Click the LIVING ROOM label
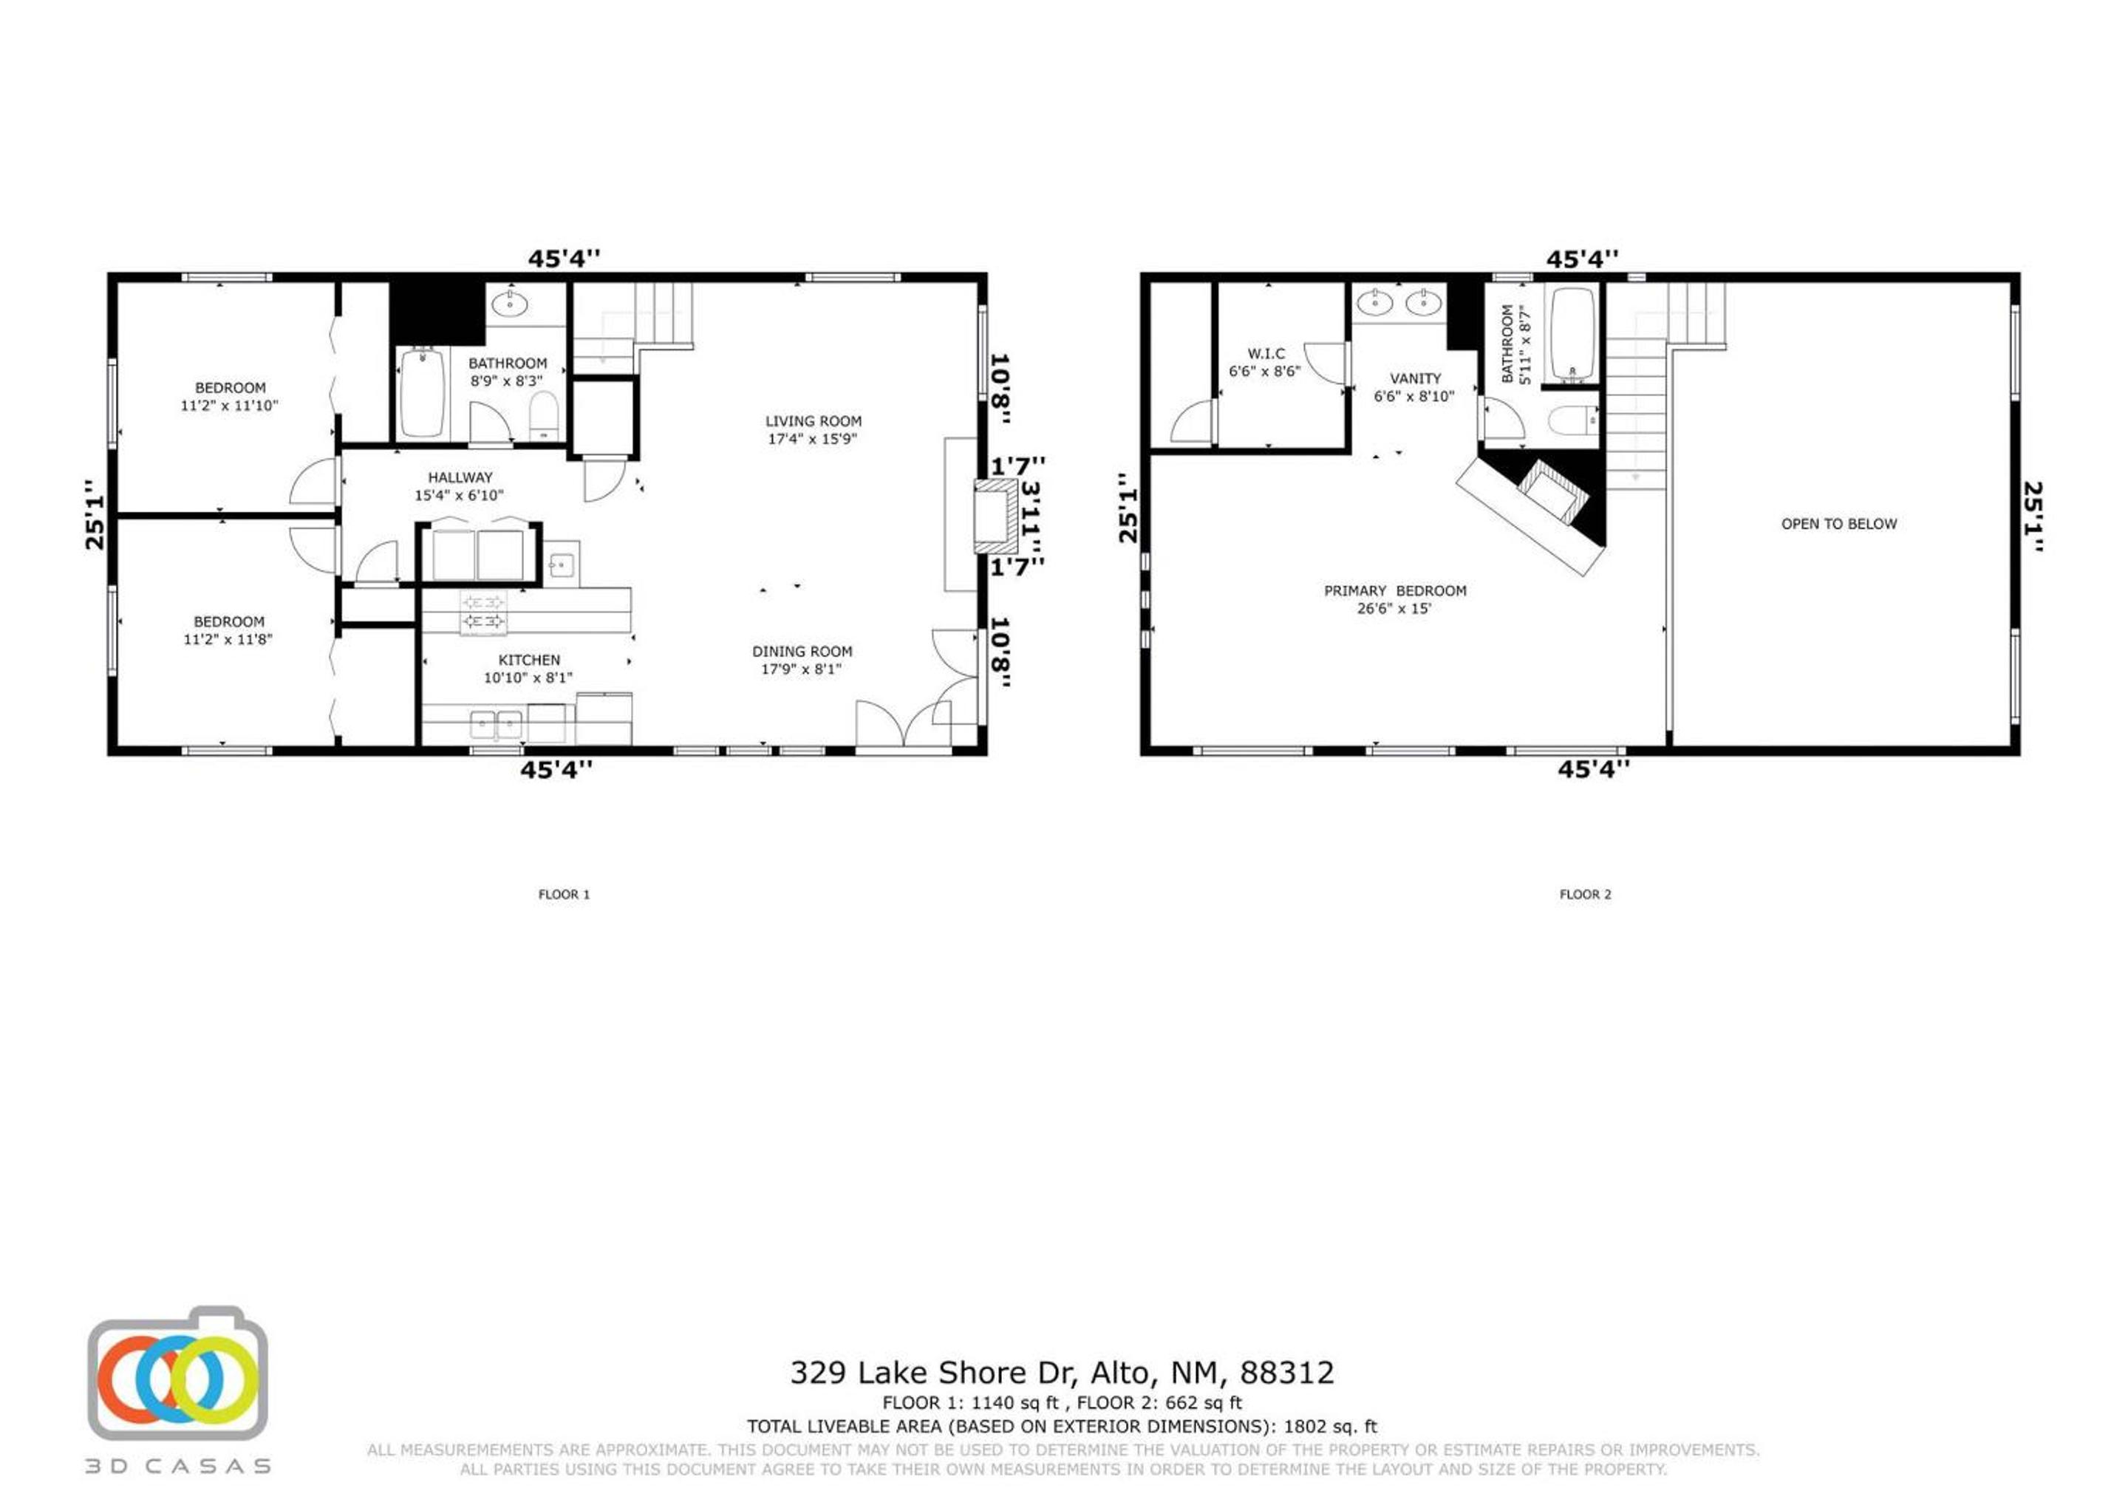pyautogui.click(x=813, y=420)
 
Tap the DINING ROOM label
pyautogui.click(x=802, y=652)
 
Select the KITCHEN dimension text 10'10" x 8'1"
pyautogui.click(x=528, y=678)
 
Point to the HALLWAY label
pyautogui.click(x=460, y=477)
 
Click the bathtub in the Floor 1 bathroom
pyautogui.click(x=422, y=393)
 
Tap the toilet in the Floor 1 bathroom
pyautogui.click(x=544, y=416)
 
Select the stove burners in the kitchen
pyautogui.click(x=483, y=612)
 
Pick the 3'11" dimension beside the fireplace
pyautogui.click(x=1030, y=515)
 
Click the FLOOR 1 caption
pyautogui.click(x=564, y=894)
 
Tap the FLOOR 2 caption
pyautogui.click(x=1585, y=894)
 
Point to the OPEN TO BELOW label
pyautogui.click(x=1839, y=524)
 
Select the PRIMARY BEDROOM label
pyautogui.click(x=1395, y=590)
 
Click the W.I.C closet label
pyautogui.click(x=1266, y=354)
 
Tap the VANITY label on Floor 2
pyautogui.click(x=1415, y=378)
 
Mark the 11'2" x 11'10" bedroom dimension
pyautogui.click(x=229, y=405)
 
